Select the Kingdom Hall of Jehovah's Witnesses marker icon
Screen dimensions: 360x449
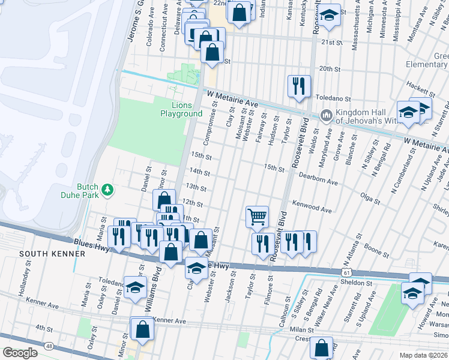(x=327, y=114)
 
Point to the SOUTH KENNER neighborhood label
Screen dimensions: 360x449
(x=41, y=254)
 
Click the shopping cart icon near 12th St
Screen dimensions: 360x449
(x=257, y=216)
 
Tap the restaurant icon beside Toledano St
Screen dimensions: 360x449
(x=299, y=86)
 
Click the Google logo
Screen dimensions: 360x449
(x=20, y=353)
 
